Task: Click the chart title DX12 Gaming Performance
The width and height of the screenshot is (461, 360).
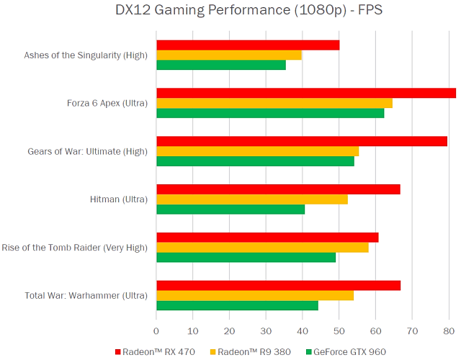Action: coord(229,12)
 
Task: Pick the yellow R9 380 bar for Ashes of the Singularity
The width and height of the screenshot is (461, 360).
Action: coord(229,55)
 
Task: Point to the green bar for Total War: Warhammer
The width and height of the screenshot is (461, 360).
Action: coord(237,305)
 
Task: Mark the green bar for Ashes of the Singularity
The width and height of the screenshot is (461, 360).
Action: coord(221,65)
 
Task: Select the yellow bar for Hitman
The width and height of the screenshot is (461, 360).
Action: coord(252,199)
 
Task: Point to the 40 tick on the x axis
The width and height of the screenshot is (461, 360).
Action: coord(303,331)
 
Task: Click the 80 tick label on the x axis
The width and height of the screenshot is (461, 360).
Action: coord(449,331)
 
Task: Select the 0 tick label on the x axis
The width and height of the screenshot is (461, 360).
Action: coord(156,331)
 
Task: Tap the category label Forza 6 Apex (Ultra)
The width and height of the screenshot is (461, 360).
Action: coord(107,103)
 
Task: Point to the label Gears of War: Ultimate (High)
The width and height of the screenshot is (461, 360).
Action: coord(87,151)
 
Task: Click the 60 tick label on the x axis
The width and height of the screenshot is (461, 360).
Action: coord(375,331)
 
